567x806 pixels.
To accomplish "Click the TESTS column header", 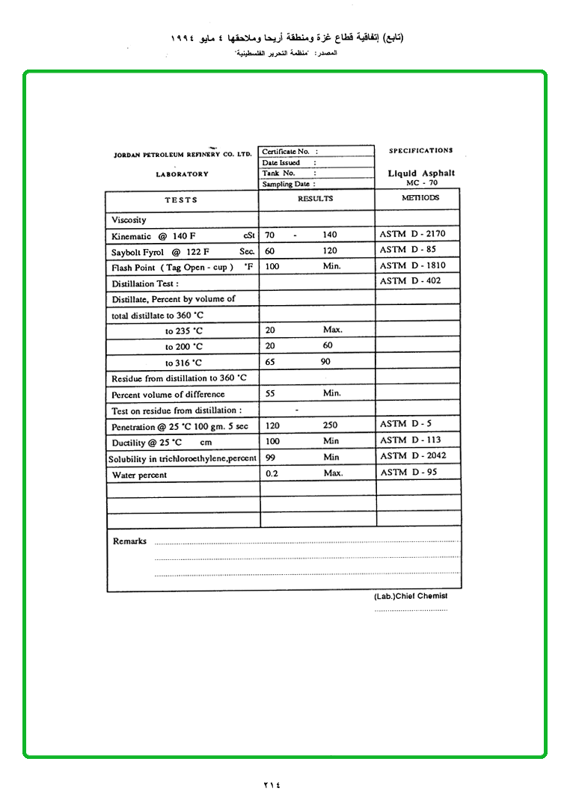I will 181,200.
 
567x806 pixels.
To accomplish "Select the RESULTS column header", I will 315,199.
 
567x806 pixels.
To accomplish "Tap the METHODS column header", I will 420,198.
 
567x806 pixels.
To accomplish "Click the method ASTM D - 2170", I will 412,234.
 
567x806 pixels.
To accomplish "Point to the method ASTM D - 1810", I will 412,265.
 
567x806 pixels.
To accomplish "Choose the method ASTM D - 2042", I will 413,456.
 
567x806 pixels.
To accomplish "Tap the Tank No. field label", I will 279,173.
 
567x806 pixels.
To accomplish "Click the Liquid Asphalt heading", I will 421,173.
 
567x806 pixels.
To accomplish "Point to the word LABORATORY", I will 183,174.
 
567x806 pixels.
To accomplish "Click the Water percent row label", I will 139,475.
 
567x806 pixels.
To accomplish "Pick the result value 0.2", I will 272,473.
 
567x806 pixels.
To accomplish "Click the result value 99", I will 271,457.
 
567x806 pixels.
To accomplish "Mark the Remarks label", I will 129,541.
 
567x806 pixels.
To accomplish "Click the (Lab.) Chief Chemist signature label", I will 411,596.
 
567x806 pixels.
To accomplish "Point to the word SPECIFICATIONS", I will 420,151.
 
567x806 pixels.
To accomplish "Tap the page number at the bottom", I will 272,784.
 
